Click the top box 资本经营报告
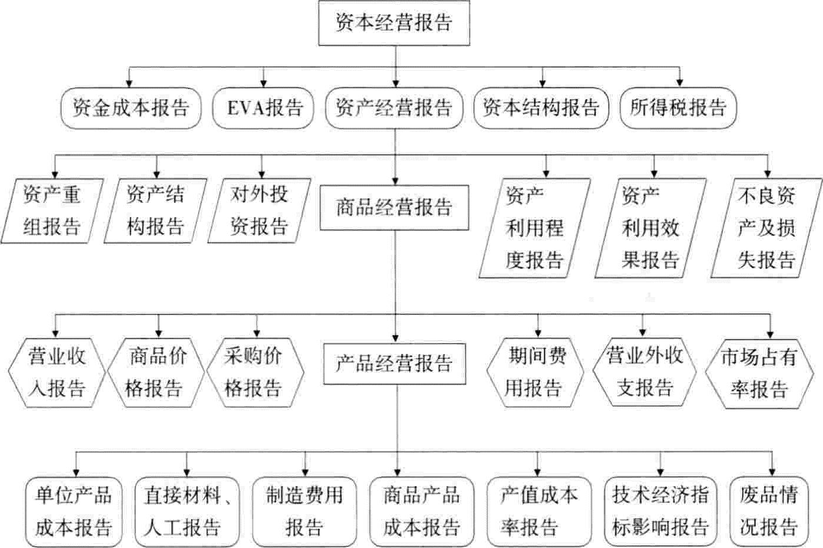tap(394, 23)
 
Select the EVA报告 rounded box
tap(263, 108)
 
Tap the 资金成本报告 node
tap(130, 108)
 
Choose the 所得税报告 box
tap(678, 108)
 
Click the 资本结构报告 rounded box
tap(541, 108)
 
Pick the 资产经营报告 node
tap(394, 108)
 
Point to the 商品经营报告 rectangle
tap(394, 208)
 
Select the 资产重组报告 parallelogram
tap(52, 211)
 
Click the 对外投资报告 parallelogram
tap(259, 211)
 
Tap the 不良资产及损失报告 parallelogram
tap(766, 228)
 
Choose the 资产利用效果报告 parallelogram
tap(650, 228)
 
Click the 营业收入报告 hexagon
tap(57, 373)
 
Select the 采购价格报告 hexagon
tap(255, 373)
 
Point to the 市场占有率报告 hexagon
tap(759, 373)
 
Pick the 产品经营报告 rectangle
tap(394, 364)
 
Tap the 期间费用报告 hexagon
tap(535, 373)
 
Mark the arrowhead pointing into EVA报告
tap(263, 84)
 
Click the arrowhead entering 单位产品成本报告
tap(76, 473)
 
